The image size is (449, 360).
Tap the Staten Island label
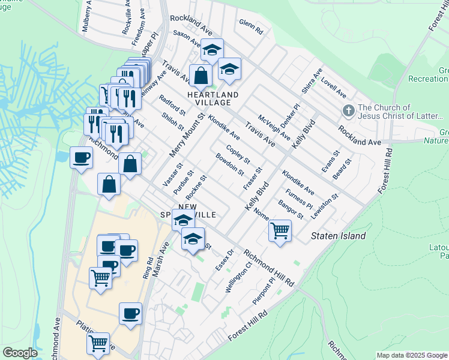(x=338, y=236)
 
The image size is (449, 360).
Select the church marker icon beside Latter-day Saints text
(x=348, y=111)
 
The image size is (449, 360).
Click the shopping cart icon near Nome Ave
(x=280, y=230)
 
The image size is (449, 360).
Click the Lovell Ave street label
(x=333, y=87)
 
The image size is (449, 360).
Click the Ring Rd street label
(x=148, y=268)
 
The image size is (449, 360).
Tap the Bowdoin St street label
(x=230, y=164)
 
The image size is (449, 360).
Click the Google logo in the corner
(x=20, y=352)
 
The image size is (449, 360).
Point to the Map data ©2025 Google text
(x=412, y=355)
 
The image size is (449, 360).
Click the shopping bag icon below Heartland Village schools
(x=200, y=76)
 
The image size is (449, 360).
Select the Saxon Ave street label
(x=187, y=39)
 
